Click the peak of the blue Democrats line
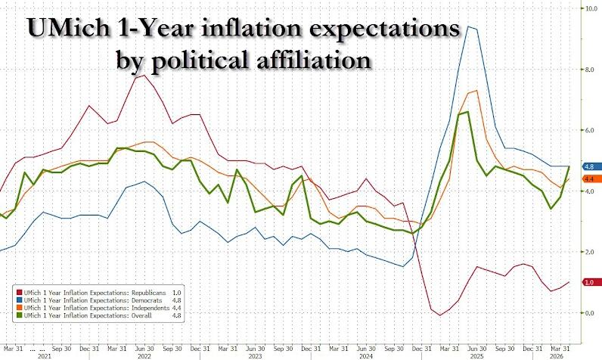click(468, 26)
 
